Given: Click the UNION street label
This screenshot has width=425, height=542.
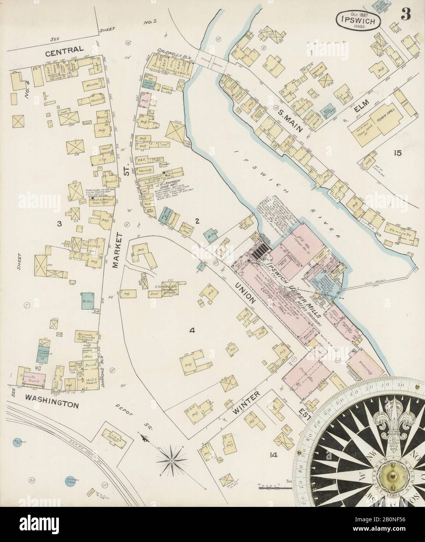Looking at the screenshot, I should pyautogui.click(x=248, y=290).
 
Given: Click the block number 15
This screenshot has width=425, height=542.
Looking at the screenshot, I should pyautogui.click(x=398, y=153).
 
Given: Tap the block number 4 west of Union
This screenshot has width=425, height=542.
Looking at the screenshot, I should pyautogui.click(x=191, y=331).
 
